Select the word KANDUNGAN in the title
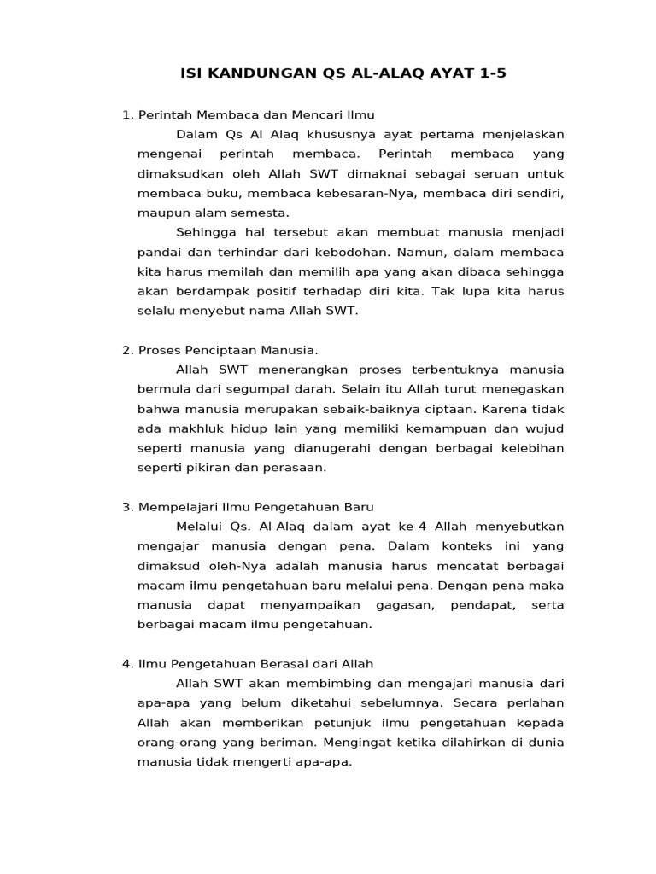(x=249, y=73)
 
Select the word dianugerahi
(x=315, y=448)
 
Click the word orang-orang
(x=174, y=743)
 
